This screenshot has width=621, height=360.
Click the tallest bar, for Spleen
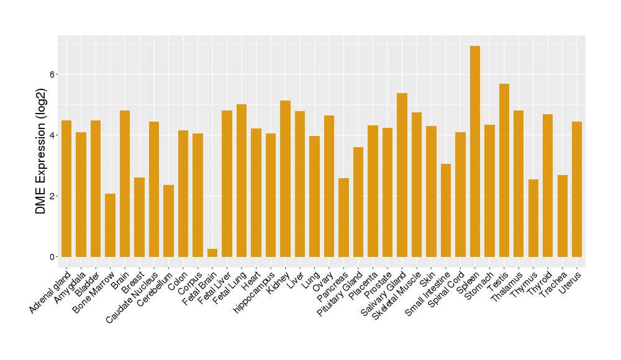[x=475, y=151]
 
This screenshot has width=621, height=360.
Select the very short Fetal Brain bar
[x=212, y=253]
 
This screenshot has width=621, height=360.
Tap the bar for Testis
[x=504, y=170]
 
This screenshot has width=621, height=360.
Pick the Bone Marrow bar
[x=110, y=225]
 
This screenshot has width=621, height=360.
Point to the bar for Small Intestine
[x=446, y=210]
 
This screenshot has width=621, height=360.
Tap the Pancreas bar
[x=343, y=217]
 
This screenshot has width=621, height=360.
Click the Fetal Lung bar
[x=242, y=181]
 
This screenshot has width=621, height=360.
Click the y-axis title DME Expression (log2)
[x=41, y=152]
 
